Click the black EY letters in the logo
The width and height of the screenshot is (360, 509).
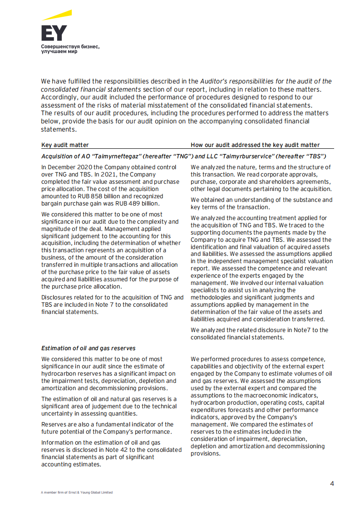coord(54,33)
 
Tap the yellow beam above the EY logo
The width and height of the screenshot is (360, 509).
coord(58,16)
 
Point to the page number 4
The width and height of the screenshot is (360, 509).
coord(332,483)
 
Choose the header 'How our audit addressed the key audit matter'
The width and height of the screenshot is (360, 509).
coord(255,145)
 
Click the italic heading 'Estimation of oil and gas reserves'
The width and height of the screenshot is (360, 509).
coord(88,348)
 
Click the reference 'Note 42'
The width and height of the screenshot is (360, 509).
coord(128,450)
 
